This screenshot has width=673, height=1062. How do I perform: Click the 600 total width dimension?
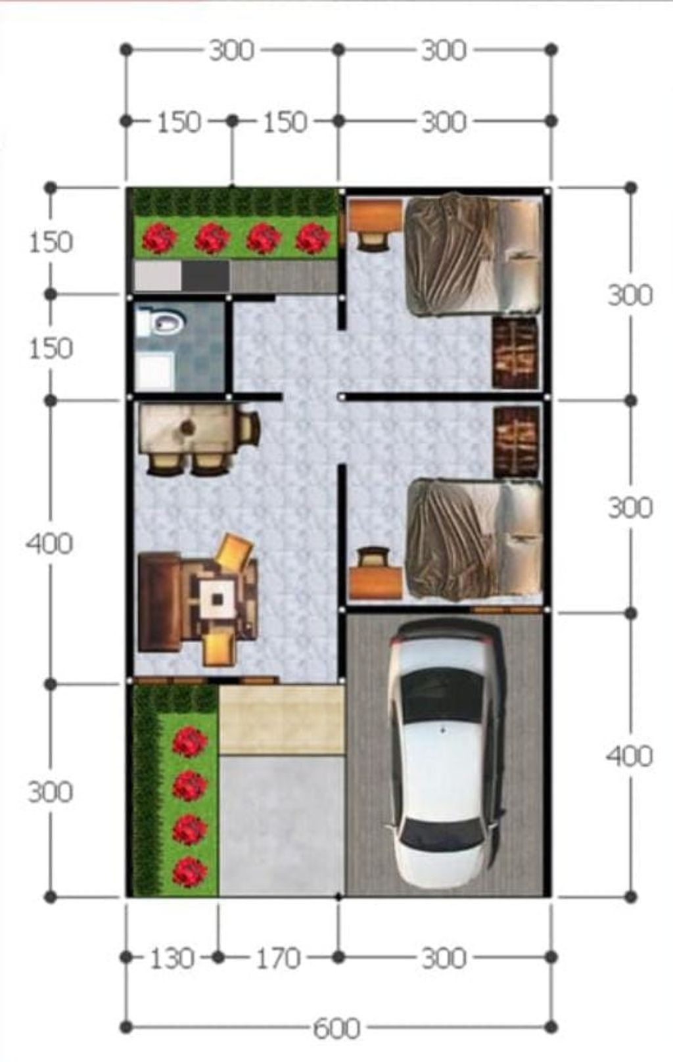[x=336, y=1028]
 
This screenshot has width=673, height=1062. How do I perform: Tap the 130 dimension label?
[x=172, y=958]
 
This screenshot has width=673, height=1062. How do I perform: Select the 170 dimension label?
[x=279, y=958]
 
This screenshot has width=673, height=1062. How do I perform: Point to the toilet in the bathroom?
[x=161, y=323]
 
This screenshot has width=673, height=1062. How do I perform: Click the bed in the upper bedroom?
[x=475, y=254]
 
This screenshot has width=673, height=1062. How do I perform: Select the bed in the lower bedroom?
[x=475, y=540]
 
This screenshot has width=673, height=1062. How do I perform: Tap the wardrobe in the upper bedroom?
[x=516, y=353]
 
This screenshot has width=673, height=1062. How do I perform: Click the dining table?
[x=188, y=429]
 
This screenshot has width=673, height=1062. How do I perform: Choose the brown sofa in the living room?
[x=159, y=602]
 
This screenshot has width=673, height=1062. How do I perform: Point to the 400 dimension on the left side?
[x=50, y=543]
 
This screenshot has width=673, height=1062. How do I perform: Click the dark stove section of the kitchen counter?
[x=205, y=276]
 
